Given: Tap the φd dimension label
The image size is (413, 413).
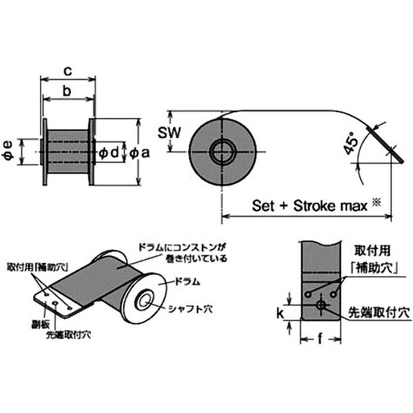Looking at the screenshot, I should pyautogui.click(x=109, y=152).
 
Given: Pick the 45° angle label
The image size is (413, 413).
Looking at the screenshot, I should pyautogui.click(x=351, y=145).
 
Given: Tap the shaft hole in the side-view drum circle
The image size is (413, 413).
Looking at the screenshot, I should pyautogui.click(x=223, y=151).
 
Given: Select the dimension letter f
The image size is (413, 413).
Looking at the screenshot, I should pyautogui.click(x=320, y=340).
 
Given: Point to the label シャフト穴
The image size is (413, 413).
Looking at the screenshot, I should pyautogui.click(x=190, y=309).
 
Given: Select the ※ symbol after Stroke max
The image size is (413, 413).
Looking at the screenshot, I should pyautogui.click(x=376, y=203).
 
